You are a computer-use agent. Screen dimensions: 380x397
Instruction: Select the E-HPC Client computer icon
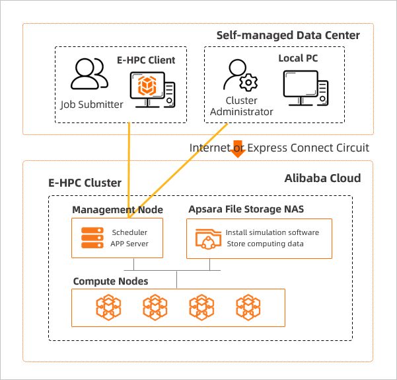(x=151, y=90)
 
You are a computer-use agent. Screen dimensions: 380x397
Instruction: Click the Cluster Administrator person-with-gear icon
(x=240, y=77)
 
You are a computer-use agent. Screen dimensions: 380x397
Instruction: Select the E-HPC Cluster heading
(x=85, y=183)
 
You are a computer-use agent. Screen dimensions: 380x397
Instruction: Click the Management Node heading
(x=118, y=210)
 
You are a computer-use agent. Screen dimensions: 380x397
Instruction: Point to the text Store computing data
(x=266, y=244)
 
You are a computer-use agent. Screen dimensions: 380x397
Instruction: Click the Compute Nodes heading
(x=110, y=281)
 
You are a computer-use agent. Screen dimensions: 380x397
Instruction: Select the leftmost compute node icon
(x=109, y=308)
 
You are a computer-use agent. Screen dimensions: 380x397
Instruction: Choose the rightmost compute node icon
(x=248, y=308)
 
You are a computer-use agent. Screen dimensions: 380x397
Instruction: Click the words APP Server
(x=129, y=244)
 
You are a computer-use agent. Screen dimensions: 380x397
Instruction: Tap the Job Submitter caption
(x=92, y=104)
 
